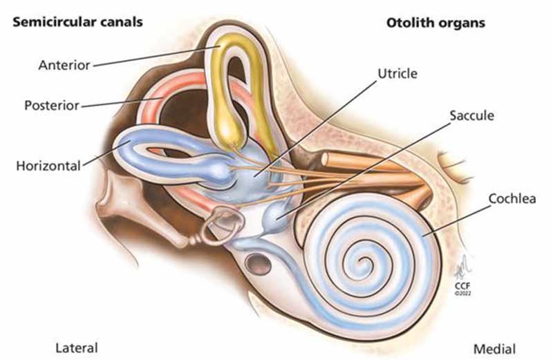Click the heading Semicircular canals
(77, 21)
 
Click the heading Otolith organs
(435, 23)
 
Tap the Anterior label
(64, 66)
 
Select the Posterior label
(52, 106)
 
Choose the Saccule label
(471, 115)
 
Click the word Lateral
(75, 348)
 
